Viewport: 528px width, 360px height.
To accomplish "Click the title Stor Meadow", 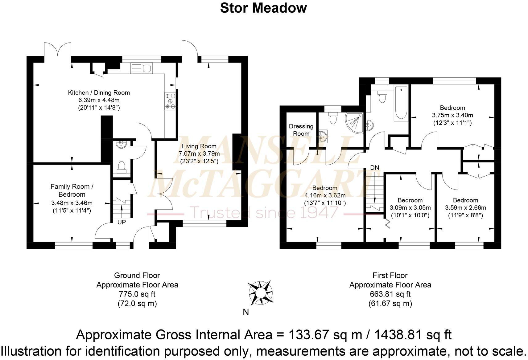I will (x=263, y=8).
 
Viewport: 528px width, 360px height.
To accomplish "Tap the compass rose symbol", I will (x=260, y=292).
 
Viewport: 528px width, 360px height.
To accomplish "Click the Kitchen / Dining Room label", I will (x=99, y=92).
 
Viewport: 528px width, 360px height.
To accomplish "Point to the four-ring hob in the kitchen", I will (x=171, y=101).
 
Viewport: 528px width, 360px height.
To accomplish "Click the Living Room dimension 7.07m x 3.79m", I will (x=199, y=153).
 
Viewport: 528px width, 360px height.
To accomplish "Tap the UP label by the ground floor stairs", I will (x=122, y=222).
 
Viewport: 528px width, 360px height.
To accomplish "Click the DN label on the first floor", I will (x=374, y=168).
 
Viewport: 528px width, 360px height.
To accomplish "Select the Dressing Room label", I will (x=301, y=130).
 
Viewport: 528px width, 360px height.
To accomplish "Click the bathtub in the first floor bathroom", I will (x=401, y=103).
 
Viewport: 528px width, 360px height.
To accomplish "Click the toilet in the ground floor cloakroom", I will (x=121, y=167).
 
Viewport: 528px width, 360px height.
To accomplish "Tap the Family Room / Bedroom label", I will (x=72, y=190).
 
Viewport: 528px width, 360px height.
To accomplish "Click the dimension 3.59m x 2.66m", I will (x=465, y=208).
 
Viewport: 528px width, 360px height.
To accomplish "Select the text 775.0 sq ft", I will (x=137, y=294).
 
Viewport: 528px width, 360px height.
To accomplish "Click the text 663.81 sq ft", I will (x=390, y=294).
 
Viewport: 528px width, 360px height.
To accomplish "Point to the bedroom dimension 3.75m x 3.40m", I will (x=452, y=115).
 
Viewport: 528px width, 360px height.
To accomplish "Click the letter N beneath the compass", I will (x=246, y=312).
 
